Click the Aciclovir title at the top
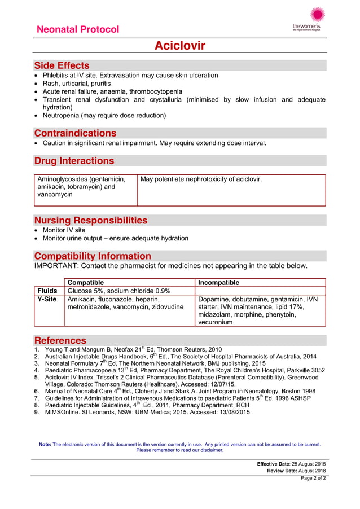pyautogui.click(x=180, y=46)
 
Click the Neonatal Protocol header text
pyautogui.click(x=77, y=29)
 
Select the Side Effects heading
pyautogui.click(x=62, y=65)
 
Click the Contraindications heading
pyautogui.click(x=75, y=133)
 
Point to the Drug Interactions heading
pyautogui.click(x=74, y=161)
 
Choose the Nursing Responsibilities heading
pyautogui.click(x=91, y=220)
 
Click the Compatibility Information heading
pyautogui.click(x=93, y=256)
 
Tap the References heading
pyautogui.click(x=60, y=340)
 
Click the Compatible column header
pyautogui.click(x=86, y=282)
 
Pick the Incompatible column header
pyautogui.click(x=219, y=282)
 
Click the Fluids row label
pyautogui.click(x=48, y=291)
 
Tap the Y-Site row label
pyautogui.click(x=48, y=299)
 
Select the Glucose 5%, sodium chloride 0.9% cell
pyautogui.click(x=119, y=291)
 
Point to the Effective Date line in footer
pyautogui.click(x=291, y=463)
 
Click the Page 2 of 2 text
pyautogui.click(x=313, y=478)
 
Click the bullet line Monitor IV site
pyautogui.click(x=64, y=230)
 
